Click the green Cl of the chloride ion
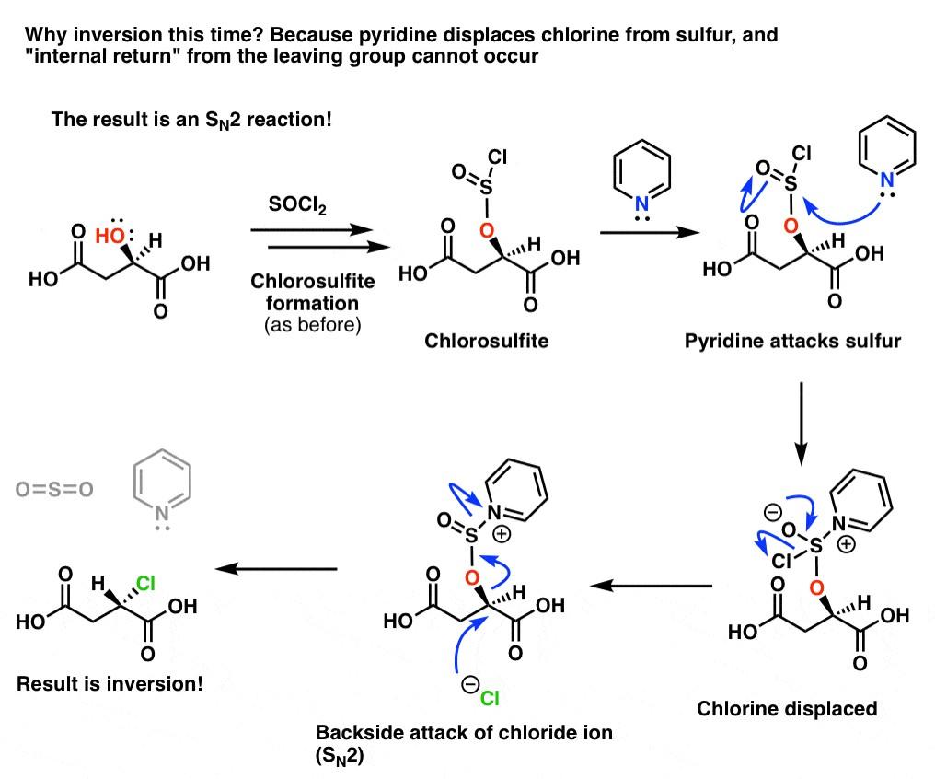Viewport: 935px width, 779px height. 490,699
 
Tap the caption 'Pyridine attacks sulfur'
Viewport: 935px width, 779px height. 792,341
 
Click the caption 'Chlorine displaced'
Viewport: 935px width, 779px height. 787,708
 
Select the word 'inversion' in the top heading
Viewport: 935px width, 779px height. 110,37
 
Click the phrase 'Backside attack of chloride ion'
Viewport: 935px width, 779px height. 464,733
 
